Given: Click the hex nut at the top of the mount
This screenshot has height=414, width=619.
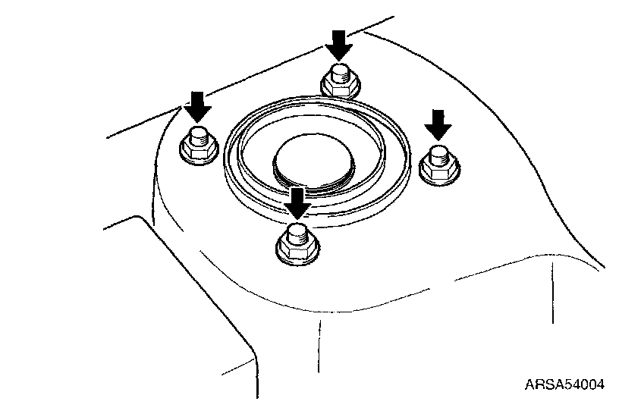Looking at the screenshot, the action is click(340, 85).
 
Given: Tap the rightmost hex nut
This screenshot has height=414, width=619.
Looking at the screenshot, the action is click(439, 168).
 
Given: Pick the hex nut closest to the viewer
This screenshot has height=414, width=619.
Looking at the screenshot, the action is click(297, 247).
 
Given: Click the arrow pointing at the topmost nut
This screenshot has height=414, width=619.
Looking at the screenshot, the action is click(339, 45).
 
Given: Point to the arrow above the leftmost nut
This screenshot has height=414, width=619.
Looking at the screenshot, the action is click(197, 107).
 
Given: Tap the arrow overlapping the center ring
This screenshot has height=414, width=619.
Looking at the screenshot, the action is click(297, 203).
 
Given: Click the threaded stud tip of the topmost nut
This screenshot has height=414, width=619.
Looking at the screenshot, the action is click(340, 72).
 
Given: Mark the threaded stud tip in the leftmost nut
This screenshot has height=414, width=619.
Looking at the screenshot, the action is click(198, 136).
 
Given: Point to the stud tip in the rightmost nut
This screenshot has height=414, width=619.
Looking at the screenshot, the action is click(438, 155).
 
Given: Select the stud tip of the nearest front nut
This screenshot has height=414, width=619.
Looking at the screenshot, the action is click(297, 233).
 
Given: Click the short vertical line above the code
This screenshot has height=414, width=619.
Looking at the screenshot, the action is click(552, 293).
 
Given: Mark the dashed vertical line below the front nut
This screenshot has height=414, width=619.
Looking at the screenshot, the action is click(319, 345).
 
